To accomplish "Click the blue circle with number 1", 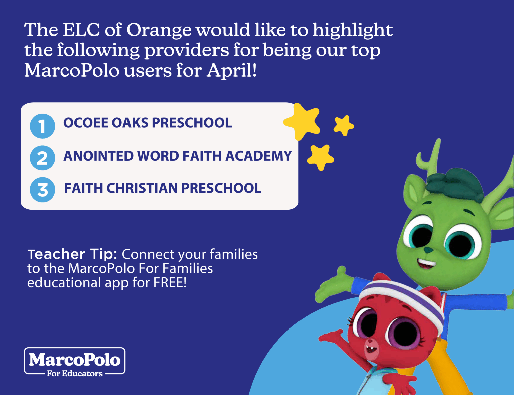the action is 42,126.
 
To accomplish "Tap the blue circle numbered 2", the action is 42,158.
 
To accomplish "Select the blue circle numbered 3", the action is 42,190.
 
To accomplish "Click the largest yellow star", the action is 302,121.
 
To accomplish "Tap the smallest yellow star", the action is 343,126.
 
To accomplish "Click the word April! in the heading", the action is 231,71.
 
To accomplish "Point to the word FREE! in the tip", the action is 170,282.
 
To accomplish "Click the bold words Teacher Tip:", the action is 72,254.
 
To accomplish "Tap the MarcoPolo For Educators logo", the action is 75,362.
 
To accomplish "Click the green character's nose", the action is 427,250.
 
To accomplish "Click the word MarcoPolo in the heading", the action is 72,71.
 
